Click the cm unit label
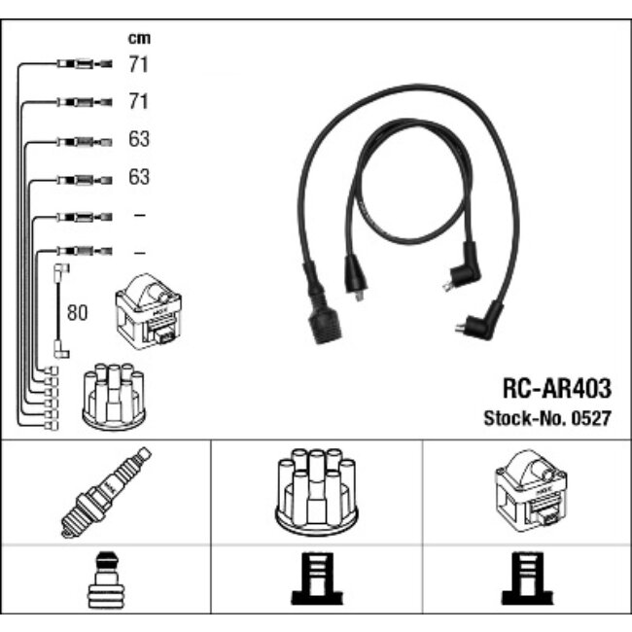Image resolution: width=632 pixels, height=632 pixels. [139, 38]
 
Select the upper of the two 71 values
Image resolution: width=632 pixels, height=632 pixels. [139, 65]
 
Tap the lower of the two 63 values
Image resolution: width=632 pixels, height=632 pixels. [139, 177]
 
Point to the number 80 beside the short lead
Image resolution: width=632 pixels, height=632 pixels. [76, 314]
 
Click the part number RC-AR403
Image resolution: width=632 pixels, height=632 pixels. [557, 390]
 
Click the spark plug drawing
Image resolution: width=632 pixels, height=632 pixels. [106, 492]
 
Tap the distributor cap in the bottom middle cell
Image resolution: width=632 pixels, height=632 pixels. [315, 492]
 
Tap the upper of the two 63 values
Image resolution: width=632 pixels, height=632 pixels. [139, 139]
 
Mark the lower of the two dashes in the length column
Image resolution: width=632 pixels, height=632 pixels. [139, 251]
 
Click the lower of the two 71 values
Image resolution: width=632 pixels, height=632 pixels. [139, 101]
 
